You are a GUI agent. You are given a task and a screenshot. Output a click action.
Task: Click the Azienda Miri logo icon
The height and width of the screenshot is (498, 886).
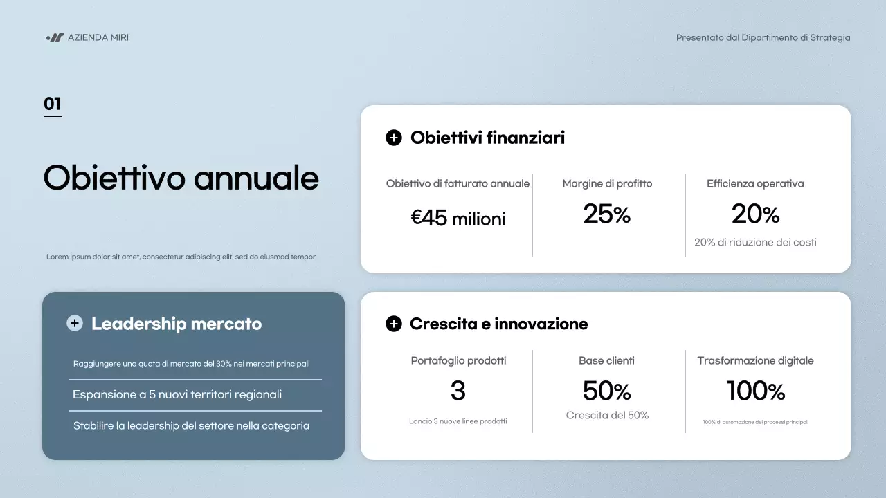55,37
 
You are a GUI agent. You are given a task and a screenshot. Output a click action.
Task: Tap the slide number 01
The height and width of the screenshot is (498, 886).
53,104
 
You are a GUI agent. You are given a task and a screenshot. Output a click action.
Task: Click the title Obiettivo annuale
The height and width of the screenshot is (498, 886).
181,178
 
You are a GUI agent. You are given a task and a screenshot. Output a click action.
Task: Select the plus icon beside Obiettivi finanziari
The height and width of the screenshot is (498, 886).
393,138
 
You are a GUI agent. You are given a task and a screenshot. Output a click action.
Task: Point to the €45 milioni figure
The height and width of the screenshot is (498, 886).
458,219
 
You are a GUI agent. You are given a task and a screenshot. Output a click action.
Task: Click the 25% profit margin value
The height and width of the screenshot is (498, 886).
607,214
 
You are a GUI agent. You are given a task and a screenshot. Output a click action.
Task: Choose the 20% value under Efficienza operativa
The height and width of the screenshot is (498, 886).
755,214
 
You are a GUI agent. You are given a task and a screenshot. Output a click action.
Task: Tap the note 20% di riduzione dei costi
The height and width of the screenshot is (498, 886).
755,243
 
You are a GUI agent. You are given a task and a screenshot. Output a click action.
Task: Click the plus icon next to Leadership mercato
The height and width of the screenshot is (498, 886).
74,323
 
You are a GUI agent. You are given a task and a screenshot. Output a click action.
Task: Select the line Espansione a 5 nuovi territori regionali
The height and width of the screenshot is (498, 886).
177,395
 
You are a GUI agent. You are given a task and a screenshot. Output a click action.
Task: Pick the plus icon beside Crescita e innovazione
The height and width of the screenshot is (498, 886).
393,324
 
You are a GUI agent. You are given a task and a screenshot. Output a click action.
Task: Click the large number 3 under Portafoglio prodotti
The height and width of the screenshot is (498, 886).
458,391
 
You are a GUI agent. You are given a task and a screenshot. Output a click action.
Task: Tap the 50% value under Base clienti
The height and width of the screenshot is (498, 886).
607,391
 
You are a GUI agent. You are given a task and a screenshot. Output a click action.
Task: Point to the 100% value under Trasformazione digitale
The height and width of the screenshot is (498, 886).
755,391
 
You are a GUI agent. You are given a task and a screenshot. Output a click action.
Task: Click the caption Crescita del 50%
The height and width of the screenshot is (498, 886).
607,416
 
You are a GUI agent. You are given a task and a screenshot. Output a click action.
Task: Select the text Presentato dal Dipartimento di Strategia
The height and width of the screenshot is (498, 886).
763,37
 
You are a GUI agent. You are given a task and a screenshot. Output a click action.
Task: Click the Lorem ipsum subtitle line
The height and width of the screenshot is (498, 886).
181,257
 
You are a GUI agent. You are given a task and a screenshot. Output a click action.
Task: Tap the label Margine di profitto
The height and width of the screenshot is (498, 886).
607,184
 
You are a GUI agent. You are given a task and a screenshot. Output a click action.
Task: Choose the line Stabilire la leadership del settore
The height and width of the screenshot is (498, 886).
191,426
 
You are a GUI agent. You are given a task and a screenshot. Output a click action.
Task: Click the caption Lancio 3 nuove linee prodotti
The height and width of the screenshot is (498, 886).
458,421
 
